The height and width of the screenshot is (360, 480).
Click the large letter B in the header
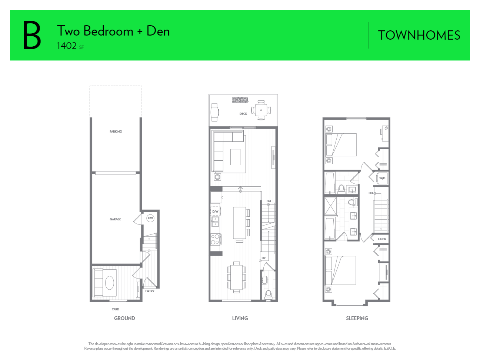[x=32, y=36]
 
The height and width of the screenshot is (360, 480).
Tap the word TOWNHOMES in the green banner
[x=419, y=36]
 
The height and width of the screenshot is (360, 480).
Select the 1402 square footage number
[x=67, y=46]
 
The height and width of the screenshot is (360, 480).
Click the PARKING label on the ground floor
[x=116, y=131]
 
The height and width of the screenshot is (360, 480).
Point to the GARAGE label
[x=116, y=219]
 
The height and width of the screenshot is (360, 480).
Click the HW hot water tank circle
[x=150, y=218]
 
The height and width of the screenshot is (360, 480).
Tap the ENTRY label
[x=150, y=291]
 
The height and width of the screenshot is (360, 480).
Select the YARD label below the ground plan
[x=116, y=309]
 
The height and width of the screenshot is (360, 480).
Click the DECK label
[x=243, y=114]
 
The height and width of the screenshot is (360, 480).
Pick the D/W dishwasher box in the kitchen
[x=215, y=211]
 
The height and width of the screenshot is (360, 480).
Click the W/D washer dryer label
[x=382, y=178]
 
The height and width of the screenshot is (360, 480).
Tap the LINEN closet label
[x=382, y=239]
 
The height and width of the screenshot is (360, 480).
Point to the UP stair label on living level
[x=264, y=258]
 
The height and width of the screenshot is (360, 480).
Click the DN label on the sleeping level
[x=370, y=193]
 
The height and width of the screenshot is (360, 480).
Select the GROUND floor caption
[x=124, y=318]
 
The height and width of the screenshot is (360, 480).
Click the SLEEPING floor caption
[x=357, y=318]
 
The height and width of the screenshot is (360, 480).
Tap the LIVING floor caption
[x=240, y=318]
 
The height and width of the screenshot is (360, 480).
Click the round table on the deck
[x=261, y=110]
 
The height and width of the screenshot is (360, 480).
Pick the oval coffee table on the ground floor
[x=110, y=283]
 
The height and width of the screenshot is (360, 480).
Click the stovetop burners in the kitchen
[x=215, y=239]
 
